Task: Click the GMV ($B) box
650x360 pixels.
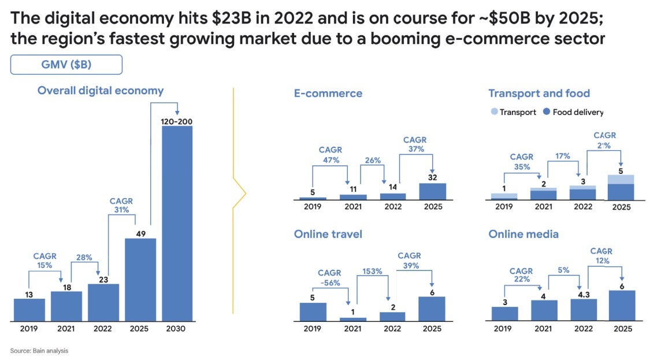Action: pos(66,65)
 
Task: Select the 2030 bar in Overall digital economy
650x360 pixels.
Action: pos(177,222)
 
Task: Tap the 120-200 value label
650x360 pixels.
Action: pos(177,122)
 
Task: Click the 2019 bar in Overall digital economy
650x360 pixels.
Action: pos(29,310)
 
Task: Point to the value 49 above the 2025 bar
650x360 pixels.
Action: pos(140,233)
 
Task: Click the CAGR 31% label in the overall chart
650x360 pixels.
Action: pos(121,206)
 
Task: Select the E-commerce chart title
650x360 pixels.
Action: pos(328,94)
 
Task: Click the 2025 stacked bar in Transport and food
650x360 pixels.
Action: pos(621,187)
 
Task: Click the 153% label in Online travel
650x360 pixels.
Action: pos(373,270)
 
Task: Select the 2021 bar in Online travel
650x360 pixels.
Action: pos(352,319)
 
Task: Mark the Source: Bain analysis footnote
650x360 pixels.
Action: pos(39,351)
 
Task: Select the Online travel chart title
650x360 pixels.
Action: pos(328,234)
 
